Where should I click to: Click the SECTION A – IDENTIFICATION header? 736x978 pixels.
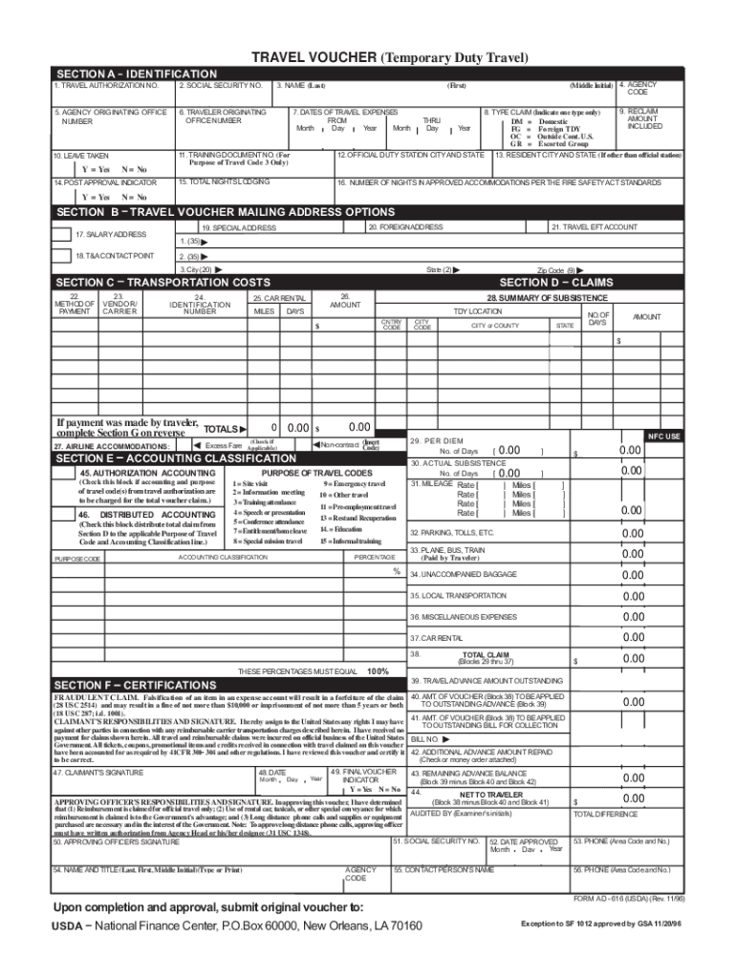pos(136,74)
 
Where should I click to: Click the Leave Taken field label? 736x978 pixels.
pos(81,155)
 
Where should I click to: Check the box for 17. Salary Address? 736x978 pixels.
pos(62,234)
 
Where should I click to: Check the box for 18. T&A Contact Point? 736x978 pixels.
pos(62,256)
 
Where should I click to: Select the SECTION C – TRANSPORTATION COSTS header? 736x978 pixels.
pos(162,283)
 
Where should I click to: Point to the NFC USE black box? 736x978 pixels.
pos(663,436)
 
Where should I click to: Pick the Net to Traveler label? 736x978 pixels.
pos(490,795)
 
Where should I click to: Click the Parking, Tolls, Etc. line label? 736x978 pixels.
pos(451,532)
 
